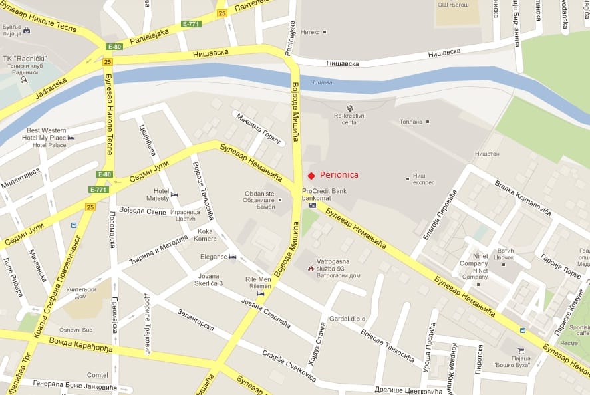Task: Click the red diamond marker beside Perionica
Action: pos(311,175)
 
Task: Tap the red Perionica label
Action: pos(339,175)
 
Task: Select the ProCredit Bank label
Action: pos(324,190)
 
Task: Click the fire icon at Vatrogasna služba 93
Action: pos(311,269)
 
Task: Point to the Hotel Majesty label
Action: pos(158,194)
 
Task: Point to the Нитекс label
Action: pos(309,31)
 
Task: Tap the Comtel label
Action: pos(97,375)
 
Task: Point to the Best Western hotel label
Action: pos(46,130)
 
